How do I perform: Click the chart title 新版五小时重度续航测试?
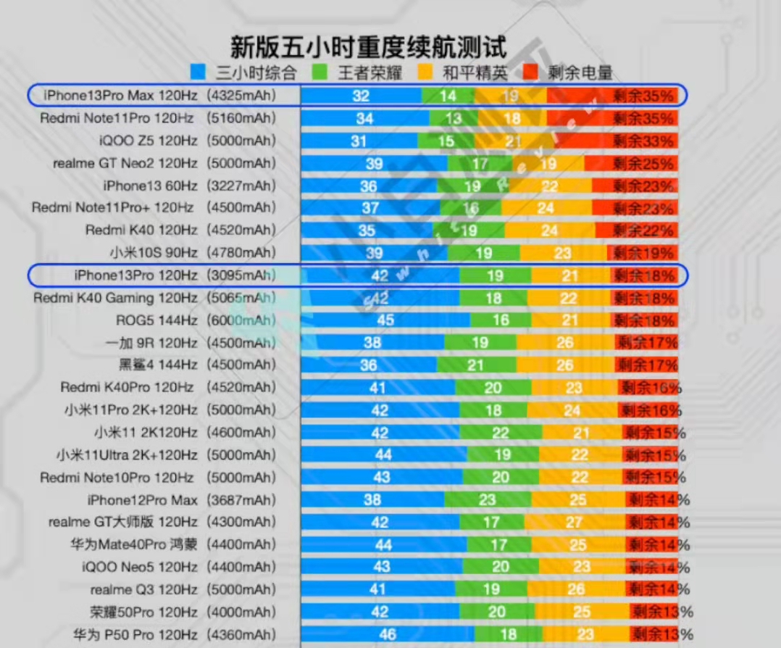tap(368, 47)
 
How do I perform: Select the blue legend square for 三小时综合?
tap(198, 72)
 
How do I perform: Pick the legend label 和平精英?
tap(475, 72)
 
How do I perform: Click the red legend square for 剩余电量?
tap(532, 72)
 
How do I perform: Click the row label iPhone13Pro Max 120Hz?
tap(120, 95)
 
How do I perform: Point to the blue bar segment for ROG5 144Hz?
tap(385, 320)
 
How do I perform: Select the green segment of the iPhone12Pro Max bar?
tap(487, 499)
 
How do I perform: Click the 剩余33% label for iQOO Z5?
tap(643, 141)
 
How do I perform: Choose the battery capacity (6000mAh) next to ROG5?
tap(241, 320)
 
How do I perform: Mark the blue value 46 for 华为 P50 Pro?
tap(387, 634)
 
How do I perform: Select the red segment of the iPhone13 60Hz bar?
tap(634, 186)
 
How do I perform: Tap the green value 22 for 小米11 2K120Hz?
tap(500, 433)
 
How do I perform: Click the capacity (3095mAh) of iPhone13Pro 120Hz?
tap(241, 275)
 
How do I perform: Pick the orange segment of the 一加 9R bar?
tap(565, 343)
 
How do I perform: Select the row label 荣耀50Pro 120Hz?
tap(143, 612)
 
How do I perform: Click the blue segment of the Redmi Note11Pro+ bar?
tap(371, 208)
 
